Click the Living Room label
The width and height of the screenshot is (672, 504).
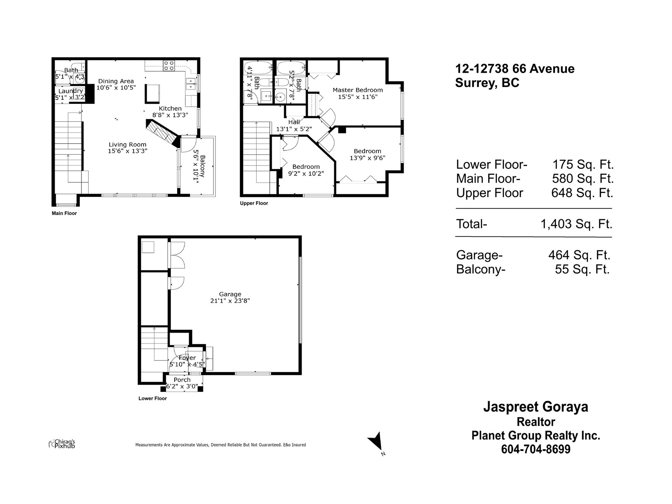127,144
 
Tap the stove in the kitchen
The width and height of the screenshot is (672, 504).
169,66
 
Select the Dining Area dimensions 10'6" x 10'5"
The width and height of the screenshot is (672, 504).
116,88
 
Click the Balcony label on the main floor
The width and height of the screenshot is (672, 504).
202,166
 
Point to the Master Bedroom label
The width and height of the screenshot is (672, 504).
357,90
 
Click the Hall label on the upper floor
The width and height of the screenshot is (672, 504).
294,122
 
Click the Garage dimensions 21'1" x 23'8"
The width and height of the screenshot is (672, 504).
230,301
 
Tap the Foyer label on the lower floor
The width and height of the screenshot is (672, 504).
187,358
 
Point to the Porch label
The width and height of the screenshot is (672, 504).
182,380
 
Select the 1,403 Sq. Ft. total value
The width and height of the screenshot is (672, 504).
576,224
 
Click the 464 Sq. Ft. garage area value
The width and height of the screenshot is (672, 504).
579,255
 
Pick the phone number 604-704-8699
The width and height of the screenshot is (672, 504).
535,449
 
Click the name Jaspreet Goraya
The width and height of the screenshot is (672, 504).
535,407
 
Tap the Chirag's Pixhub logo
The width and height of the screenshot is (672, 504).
62,444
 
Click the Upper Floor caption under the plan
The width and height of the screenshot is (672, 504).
254,203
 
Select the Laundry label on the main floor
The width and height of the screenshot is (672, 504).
71,91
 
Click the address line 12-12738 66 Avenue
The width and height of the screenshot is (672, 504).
515,68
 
